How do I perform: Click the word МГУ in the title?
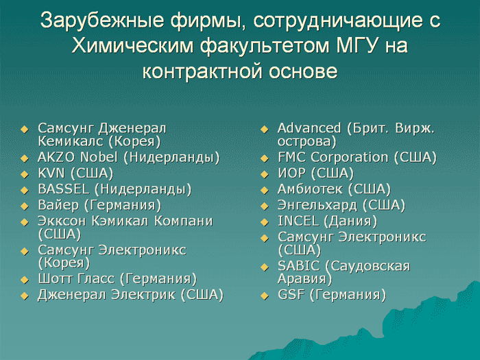click(357, 46)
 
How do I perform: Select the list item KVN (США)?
click(75, 173)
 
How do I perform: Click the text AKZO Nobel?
click(77, 157)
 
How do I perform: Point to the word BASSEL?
click(63, 189)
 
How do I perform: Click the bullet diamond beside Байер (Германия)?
click(25, 206)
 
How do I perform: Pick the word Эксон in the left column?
click(62, 221)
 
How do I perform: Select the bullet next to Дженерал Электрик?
click(25, 296)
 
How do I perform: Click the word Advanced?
click(309, 128)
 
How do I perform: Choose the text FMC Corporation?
click(333, 158)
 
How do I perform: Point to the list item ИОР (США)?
click(315, 173)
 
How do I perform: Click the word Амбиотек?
click(310, 189)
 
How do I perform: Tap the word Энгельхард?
click(317, 206)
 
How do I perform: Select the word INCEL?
click(298, 221)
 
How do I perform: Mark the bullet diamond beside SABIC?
click(265, 267)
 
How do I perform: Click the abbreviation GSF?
click(291, 294)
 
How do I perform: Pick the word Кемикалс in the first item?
click(71, 141)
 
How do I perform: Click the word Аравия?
click(302, 279)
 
